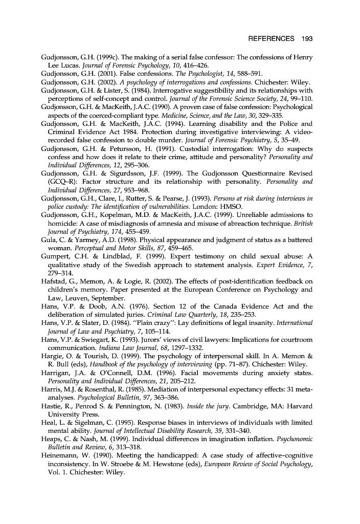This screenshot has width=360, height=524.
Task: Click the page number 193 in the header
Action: [x=306, y=39]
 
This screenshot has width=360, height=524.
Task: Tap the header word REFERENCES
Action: [x=271, y=39]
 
